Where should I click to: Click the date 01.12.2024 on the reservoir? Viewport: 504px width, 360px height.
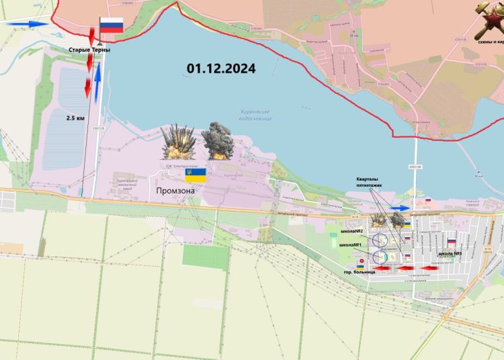pos(222,68)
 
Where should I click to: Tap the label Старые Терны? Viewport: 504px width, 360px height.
pos(89,50)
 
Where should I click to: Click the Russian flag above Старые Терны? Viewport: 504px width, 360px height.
pos(112,26)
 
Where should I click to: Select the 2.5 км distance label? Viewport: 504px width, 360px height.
pos(75,118)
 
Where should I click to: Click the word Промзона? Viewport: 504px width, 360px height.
pos(175,191)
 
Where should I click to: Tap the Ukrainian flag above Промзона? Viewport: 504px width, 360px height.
pos(195,175)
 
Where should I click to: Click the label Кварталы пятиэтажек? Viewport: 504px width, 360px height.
pos(372,183)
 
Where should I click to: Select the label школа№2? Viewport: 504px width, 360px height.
pos(352,231)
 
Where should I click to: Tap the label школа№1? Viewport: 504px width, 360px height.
pos(351,245)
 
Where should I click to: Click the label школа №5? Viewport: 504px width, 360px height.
pos(449,253)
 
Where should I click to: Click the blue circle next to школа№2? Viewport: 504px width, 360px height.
pos(380,239)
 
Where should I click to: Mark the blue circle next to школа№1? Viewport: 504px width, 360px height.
pos(380,257)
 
